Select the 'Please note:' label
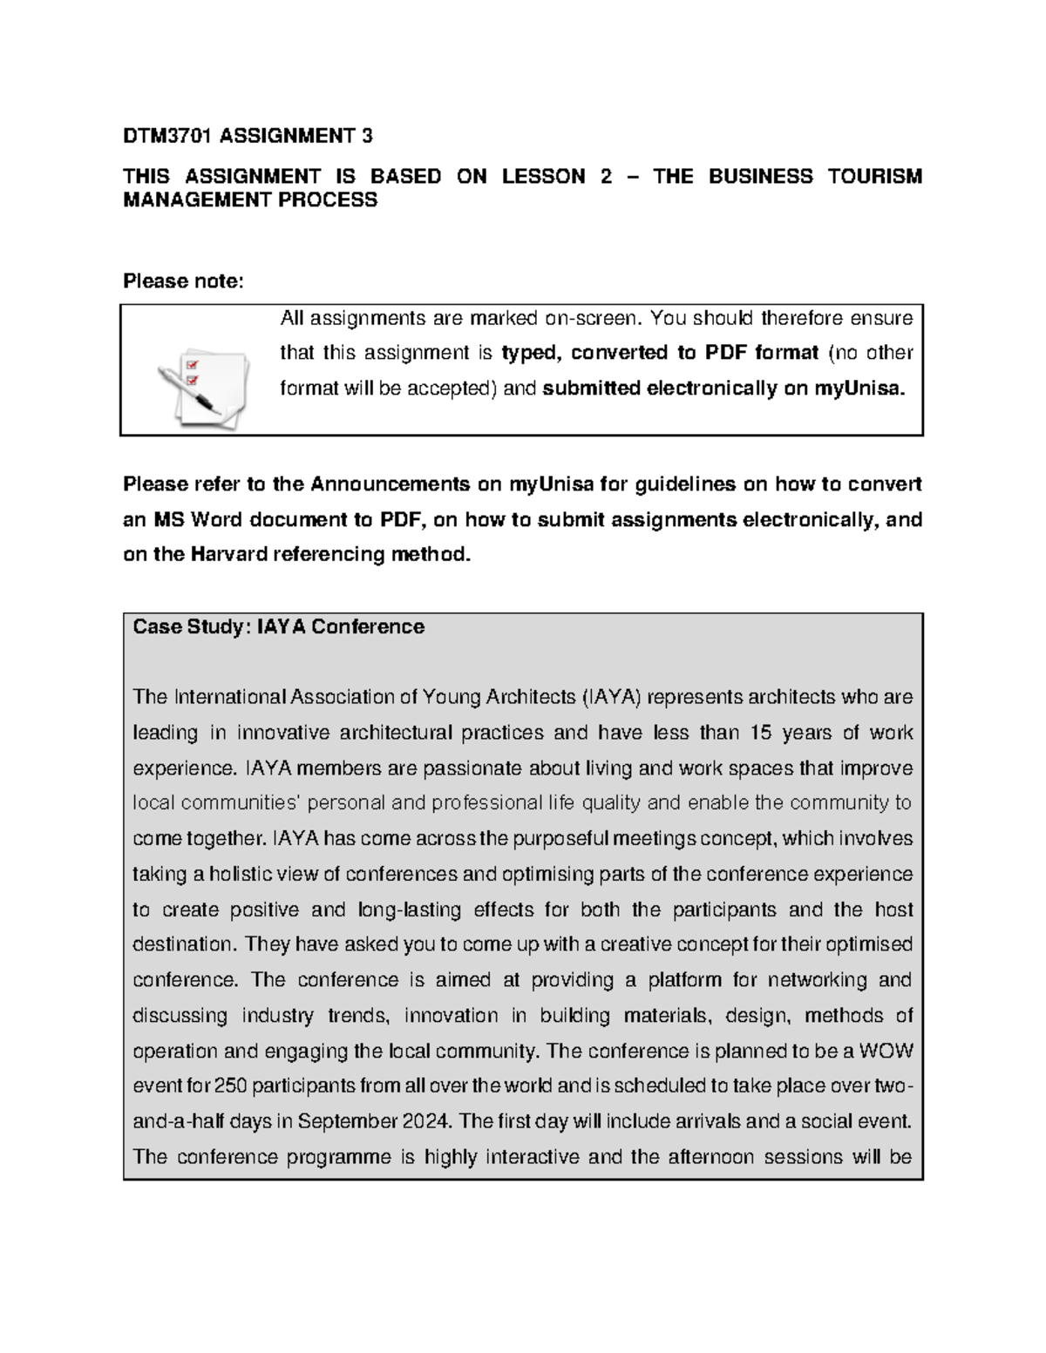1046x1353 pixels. (184, 281)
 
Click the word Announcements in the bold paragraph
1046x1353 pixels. (390, 484)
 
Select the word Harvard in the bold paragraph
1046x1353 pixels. (228, 555)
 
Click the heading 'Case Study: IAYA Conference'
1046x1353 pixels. (278, 627)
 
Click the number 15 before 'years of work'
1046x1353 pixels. (761, 733)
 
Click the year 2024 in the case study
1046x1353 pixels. (427, 1121)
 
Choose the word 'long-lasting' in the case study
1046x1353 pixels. (410, 910)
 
